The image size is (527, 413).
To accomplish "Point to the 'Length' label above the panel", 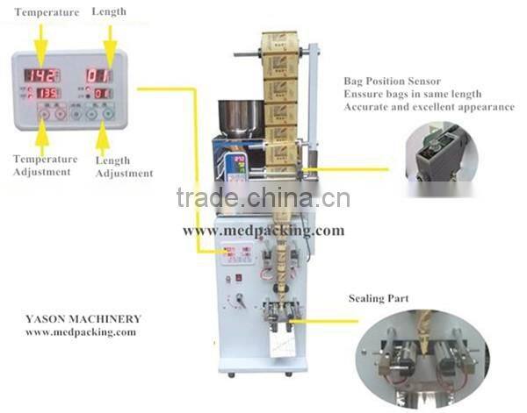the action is pyautogui.click(x=109, y=11).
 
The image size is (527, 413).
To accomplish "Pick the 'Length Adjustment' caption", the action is pyautogui.click(x=122, y=167).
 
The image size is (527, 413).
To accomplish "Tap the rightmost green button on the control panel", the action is pyautogui.click(x=109, y=113).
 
